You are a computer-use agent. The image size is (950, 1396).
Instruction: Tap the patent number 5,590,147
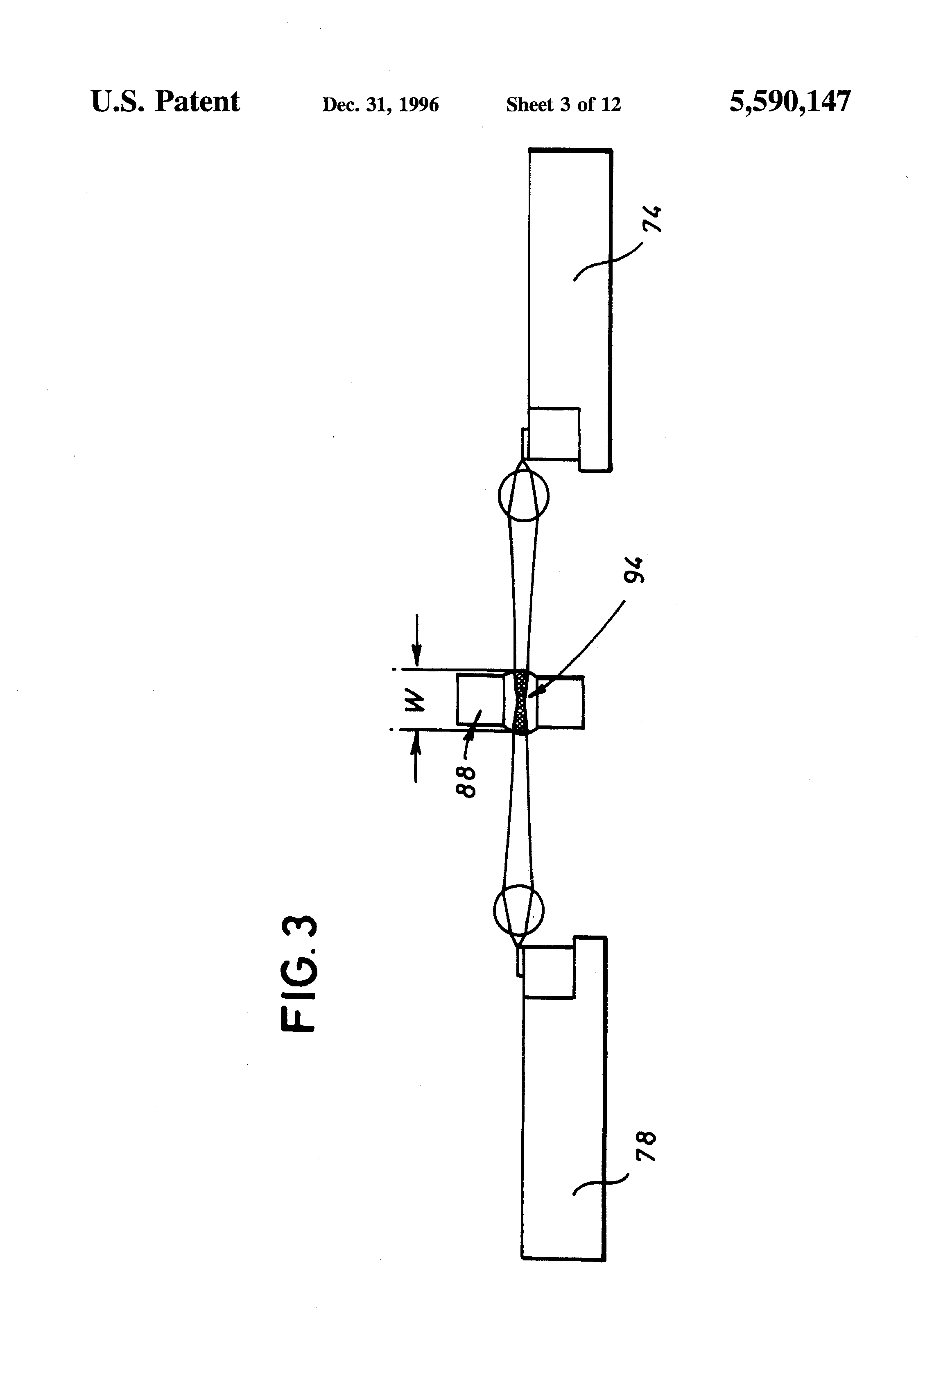pyautogui.click(x=789, y=102)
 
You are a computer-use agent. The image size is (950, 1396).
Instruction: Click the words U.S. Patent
pyautogui.click(x=165, y=102)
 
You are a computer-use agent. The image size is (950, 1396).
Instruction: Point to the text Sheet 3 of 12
pyautogui.click(x=563, y=105)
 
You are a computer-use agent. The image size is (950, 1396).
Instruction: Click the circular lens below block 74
pyautogui.click(x=523, y=496)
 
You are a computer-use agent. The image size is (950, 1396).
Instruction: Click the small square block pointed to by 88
pyautogui.click(x=480, y=699)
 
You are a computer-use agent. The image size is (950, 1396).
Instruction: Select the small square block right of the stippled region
pyautogui.click(x=560, y=702)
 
